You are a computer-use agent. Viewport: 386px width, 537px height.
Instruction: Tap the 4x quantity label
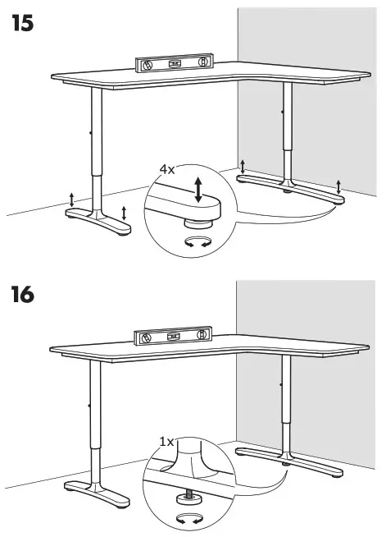pos(167,169)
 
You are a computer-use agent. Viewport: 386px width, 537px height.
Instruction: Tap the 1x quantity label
pos(167,442)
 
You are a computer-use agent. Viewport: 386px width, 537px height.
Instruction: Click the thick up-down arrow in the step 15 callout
pos(198,188)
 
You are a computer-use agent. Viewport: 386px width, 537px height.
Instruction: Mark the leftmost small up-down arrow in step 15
pos(72,199)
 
